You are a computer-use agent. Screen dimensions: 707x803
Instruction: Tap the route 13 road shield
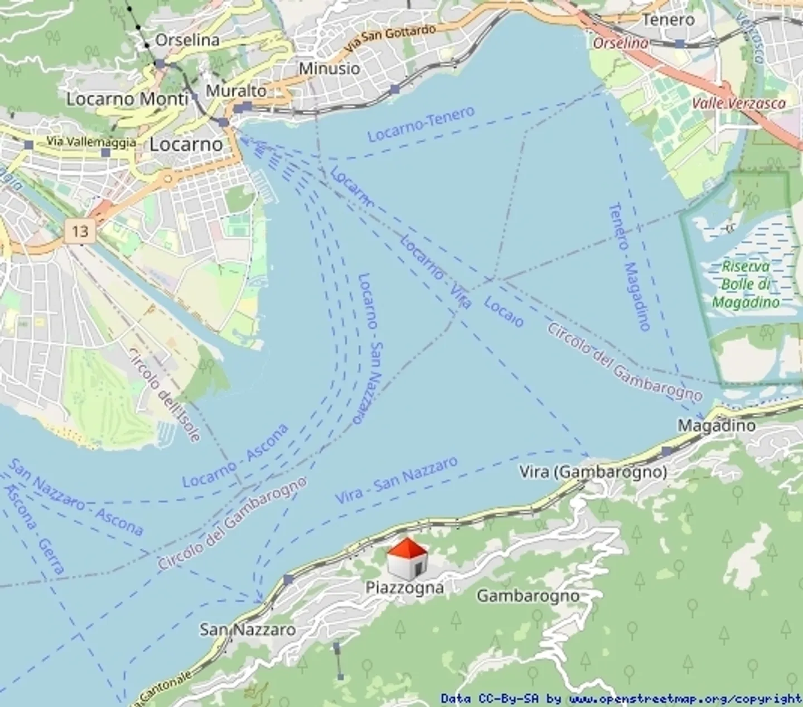80,230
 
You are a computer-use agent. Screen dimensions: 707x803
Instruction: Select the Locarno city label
186,144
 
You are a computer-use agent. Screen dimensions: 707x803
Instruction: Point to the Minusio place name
330,69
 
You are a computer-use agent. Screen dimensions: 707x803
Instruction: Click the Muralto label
236,90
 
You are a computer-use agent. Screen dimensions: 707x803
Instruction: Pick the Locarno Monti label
127,99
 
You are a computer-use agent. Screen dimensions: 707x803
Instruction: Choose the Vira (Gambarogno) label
593,472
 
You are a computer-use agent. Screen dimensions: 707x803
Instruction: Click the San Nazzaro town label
248,630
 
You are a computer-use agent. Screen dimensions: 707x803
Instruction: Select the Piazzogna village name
405,588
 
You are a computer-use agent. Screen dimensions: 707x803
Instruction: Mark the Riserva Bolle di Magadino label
746,284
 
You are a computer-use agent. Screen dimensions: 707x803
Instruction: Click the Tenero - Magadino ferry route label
630,267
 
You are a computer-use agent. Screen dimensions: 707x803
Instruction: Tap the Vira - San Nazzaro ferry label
396,480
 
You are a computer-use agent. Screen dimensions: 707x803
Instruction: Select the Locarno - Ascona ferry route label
235,456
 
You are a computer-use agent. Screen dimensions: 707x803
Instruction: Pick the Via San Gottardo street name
390,39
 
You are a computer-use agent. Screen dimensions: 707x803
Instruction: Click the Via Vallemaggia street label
91,142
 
